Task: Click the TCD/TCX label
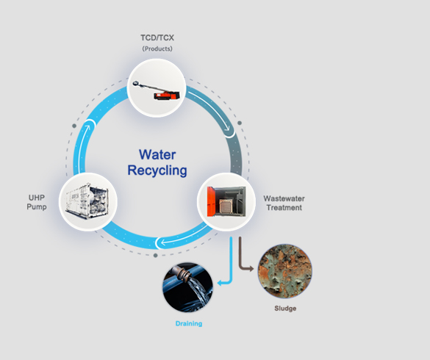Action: (157, 37)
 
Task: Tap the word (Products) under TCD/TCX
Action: (157, 48)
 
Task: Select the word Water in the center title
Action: (157, 154)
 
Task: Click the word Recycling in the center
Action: (157, 170)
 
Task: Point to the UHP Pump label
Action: (37, 202)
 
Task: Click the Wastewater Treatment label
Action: (284, 203)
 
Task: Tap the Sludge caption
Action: (285, 308)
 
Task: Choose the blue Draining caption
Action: (189, 323)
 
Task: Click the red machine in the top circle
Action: (167, 96)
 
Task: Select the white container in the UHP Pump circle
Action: (87, 201)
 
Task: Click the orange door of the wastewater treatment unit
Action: (211, 201)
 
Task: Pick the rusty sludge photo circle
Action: (285, 271)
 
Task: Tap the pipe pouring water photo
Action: (188, 287)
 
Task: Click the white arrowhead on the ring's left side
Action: (87, 128)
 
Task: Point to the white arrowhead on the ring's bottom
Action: (163, 242)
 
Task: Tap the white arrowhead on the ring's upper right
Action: (227, 128)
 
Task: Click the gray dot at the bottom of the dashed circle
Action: (156, 256)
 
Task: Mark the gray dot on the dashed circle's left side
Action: (74, 126)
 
